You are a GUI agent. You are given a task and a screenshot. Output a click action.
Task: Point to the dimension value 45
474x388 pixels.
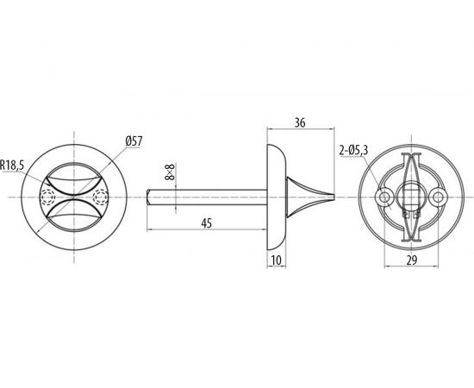point(207,223)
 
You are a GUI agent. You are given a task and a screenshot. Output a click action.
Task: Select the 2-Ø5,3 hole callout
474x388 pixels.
point(354,151)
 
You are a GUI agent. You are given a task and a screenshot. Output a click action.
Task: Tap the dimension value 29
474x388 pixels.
point(412,259)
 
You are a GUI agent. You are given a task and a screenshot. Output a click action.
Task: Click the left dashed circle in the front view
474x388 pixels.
point(48,197)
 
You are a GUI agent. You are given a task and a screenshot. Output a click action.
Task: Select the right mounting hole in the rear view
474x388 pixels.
point(440,198)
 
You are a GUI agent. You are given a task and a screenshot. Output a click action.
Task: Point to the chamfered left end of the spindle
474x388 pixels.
point(149,197)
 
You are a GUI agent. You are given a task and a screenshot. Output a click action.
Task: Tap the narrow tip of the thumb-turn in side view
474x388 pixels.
point(329,197)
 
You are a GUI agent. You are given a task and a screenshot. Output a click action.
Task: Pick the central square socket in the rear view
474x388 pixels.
point(412,198)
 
